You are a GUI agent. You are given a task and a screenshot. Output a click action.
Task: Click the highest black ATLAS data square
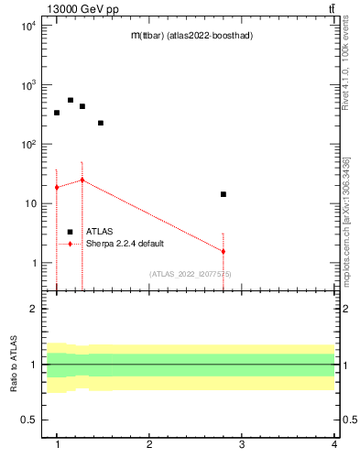(x=71, y=101)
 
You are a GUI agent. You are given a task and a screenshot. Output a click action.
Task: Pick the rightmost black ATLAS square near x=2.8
(x=223, y=194)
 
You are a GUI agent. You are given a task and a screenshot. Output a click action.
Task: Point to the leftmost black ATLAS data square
(x=57, y=113)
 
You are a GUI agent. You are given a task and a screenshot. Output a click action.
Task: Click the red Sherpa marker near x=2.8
(x=223, y=251)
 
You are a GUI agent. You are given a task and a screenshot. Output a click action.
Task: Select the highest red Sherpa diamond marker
(x=82, y=180)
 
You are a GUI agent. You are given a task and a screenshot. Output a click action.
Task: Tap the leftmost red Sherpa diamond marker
(x=57, y=187)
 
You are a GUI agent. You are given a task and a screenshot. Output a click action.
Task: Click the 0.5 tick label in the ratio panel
(x=28, y=420)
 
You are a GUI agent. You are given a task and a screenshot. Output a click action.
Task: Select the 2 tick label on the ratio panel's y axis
(x=33, y=309)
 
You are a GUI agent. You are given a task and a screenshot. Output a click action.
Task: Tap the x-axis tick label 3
(x=241, y=445)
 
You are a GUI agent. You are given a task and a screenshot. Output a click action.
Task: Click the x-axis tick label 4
(x=333, y=445)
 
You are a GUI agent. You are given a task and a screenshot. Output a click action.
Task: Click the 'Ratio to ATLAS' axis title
(x=13, y=365)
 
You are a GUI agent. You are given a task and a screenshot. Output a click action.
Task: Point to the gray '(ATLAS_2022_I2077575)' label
(x=191, y=274)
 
